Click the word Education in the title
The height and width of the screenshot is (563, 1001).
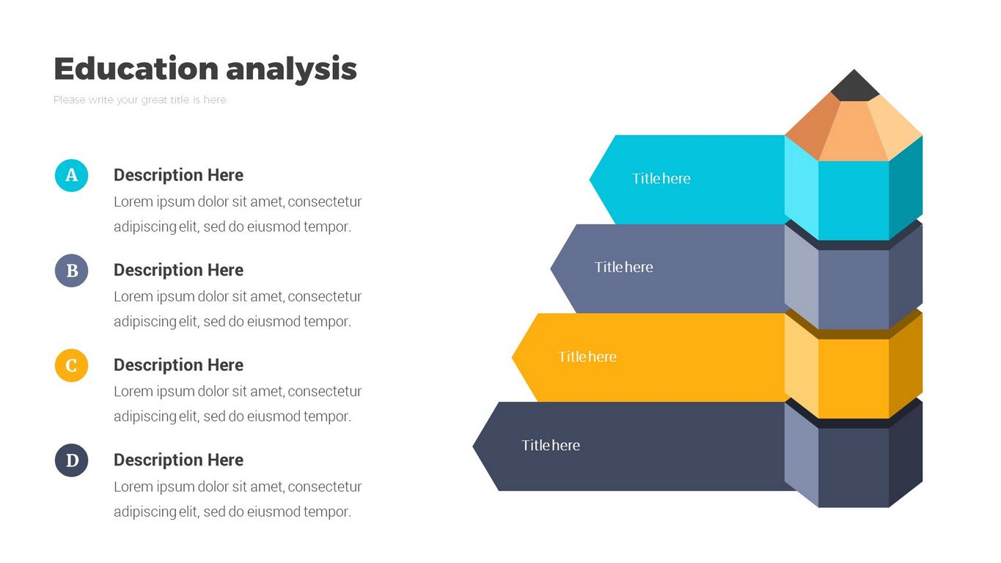136,68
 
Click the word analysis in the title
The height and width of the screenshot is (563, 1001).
291,70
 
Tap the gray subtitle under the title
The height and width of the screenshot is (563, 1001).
140,100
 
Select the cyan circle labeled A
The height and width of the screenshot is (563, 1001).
72,176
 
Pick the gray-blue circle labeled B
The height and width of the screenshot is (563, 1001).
72,271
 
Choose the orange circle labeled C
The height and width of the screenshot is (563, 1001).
72,366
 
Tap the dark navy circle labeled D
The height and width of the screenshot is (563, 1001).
72,460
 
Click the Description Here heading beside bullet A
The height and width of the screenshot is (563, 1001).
179,175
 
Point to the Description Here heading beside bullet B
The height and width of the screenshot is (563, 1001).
179,270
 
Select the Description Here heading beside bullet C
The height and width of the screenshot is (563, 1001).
179,365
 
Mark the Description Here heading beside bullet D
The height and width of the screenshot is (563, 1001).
179,460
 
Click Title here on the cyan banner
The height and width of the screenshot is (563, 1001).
661,179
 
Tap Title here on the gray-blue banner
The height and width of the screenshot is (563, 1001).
624,267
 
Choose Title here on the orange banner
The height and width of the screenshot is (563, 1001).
587,356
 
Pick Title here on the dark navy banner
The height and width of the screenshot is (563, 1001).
551,445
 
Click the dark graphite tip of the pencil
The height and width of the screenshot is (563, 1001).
854,87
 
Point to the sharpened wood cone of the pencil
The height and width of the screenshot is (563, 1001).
854,130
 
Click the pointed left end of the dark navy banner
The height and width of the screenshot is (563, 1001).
473,446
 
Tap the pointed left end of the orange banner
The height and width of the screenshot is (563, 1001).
513,358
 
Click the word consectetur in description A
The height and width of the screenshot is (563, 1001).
325,202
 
